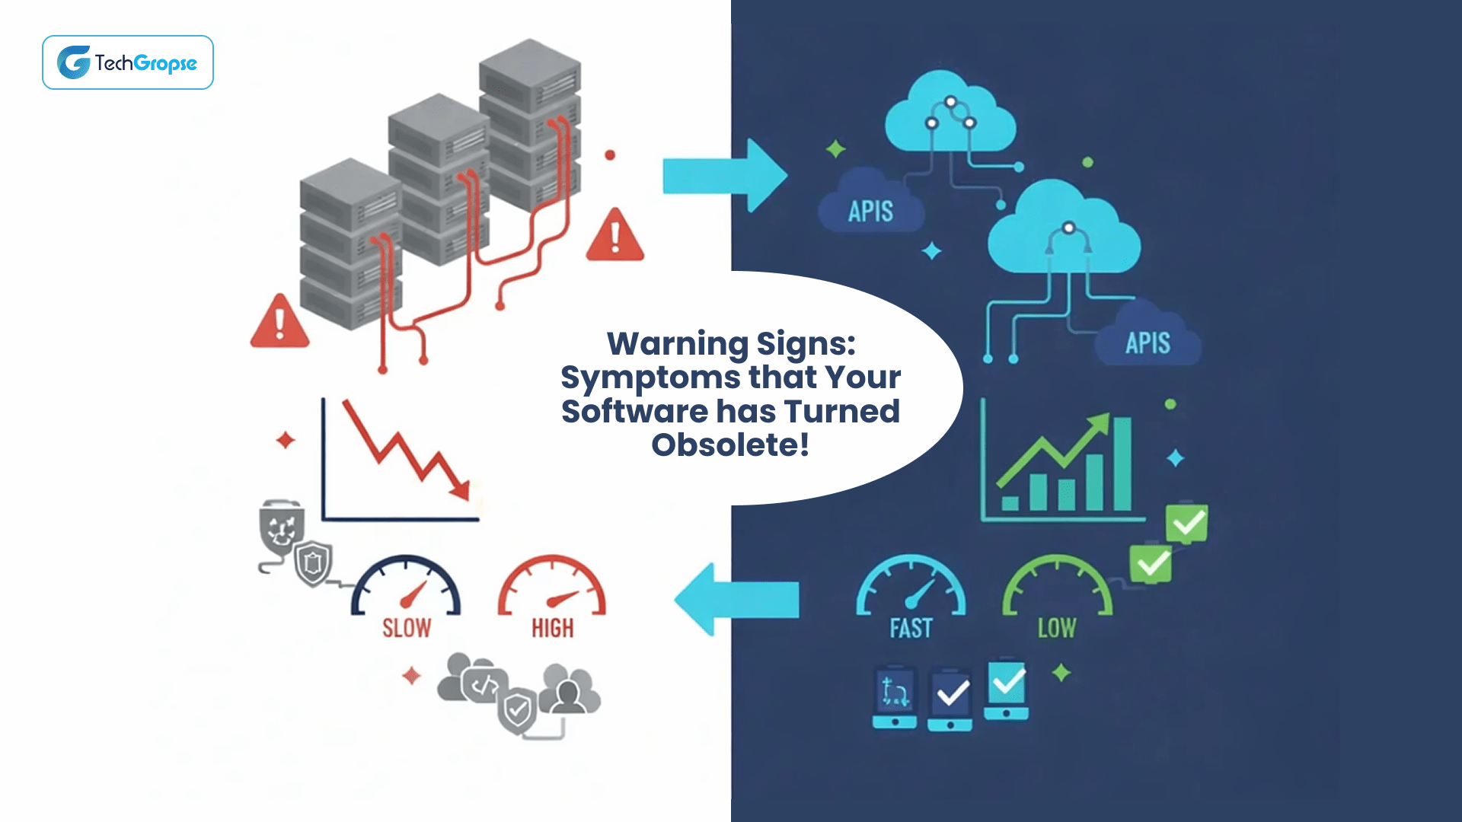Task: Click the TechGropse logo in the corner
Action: pyautogui.click(x=127, y=62)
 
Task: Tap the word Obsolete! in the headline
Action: pyautogui.click(x=729, y=445)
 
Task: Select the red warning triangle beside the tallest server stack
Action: pyautogui.click(x=615, y=237)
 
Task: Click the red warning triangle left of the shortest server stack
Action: pyautogui.click(x=279, y=323)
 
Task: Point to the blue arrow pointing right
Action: pyautogui.click(x=723, y=176)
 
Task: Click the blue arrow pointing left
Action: pyautogui.click(x=736, y=599)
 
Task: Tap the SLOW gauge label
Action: pyautogui.click(x=406, y=629)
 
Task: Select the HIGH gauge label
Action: pyautogui.click(x=552, y=629)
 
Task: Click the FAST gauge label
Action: pyautogui.click(x=911, y=629)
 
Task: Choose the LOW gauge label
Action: pyautogui.click(x=1057, y=629)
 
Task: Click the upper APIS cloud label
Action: pyautogui.click(x=870, y=212)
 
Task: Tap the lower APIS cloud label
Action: pyautogui.click(x=1148, y=343)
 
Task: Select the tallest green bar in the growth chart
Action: pyautogui.click(x=1122, y=464)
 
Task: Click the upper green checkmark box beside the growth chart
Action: pyautogui.click(x=1187, y=523)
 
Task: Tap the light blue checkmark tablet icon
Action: pyautogui.click(x=1007, y=689)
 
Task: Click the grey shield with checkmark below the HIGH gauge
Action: pyautogui.click(x=518, y=711)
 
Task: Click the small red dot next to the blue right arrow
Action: pyautogui.click(x=610, y=155)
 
